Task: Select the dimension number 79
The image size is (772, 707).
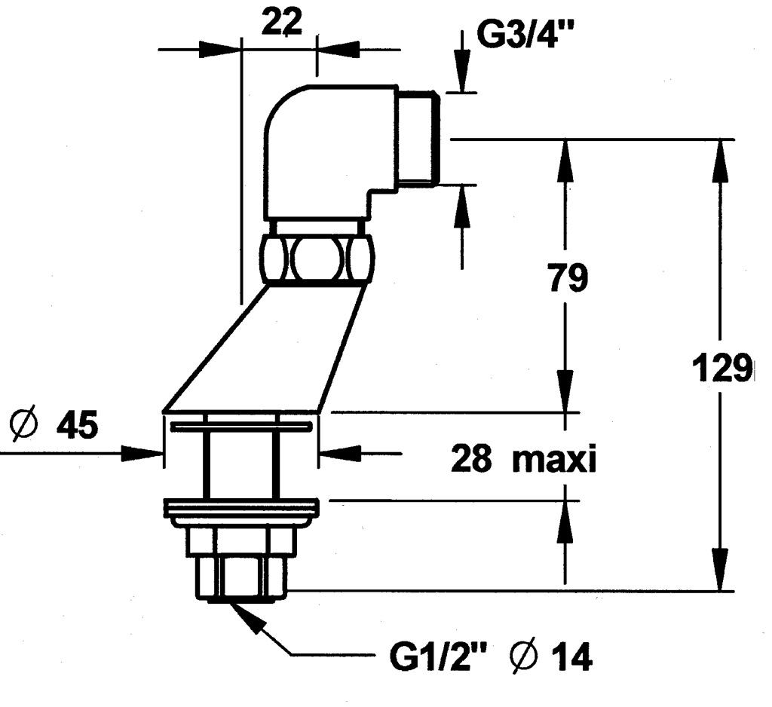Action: (x=568, y=279)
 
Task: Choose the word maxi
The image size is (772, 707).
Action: (x=554, y=458)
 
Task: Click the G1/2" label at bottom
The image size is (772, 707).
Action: (x=437, y=660)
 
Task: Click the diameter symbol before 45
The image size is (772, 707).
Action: (x=26, y=427)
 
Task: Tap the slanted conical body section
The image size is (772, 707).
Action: (x=264, y=347)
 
